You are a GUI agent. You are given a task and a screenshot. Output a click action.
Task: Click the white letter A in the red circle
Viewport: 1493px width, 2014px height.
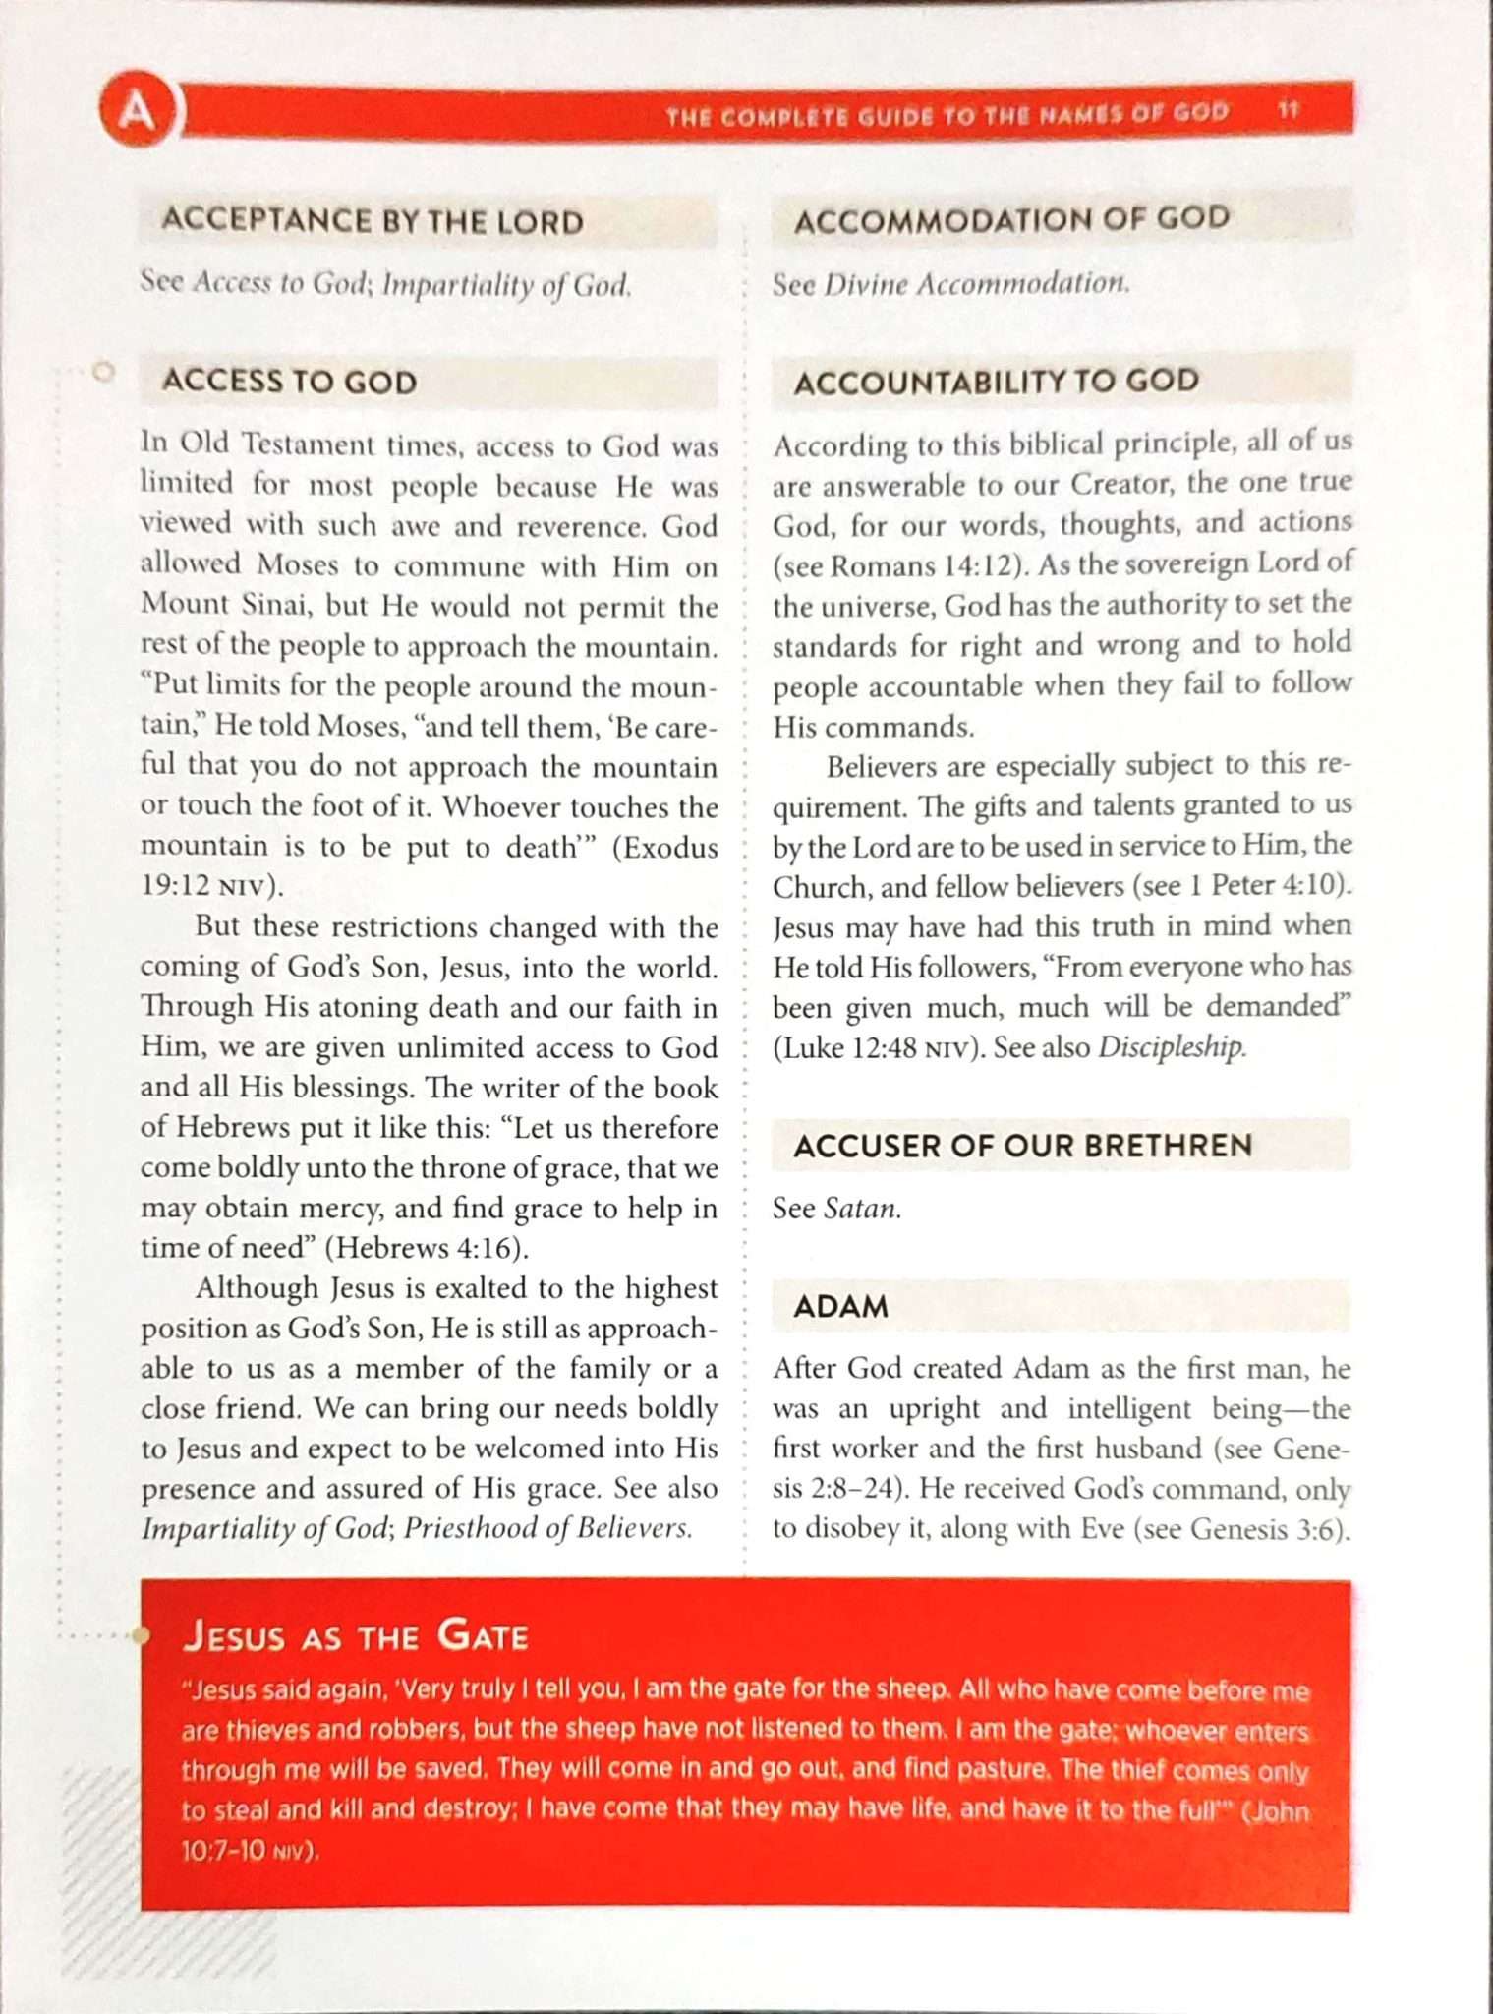[x=137, y=110]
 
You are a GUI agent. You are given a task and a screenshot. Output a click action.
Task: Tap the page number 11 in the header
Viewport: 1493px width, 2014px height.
[x=1289, y=110]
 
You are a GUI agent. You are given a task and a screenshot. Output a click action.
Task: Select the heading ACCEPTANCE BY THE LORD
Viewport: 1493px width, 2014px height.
[x=373, y=221]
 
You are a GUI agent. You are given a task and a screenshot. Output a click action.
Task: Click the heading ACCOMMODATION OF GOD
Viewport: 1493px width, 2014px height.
[x=1011, y=219]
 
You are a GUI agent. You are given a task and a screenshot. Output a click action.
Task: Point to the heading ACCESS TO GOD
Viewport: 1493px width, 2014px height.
[x=290, y=382]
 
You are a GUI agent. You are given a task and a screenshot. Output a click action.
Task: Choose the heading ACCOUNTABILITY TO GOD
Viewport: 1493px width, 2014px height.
[x=996, y=382]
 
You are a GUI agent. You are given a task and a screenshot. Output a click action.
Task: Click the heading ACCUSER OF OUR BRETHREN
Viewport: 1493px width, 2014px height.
[x=1022, y=1146]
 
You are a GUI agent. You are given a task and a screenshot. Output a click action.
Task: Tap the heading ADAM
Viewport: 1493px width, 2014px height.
[x=840, y=1307]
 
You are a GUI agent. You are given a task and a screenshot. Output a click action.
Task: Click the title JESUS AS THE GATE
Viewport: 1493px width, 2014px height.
[x=356, y=1636]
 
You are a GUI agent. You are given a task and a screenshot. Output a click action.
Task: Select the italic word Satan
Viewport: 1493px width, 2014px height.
[x=861, y=1209]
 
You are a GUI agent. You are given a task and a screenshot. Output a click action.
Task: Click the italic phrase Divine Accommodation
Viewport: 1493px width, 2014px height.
[x=976, y=285]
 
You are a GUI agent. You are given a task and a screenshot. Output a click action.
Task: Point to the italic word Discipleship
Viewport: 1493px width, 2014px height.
[x=1171, y=1047]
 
